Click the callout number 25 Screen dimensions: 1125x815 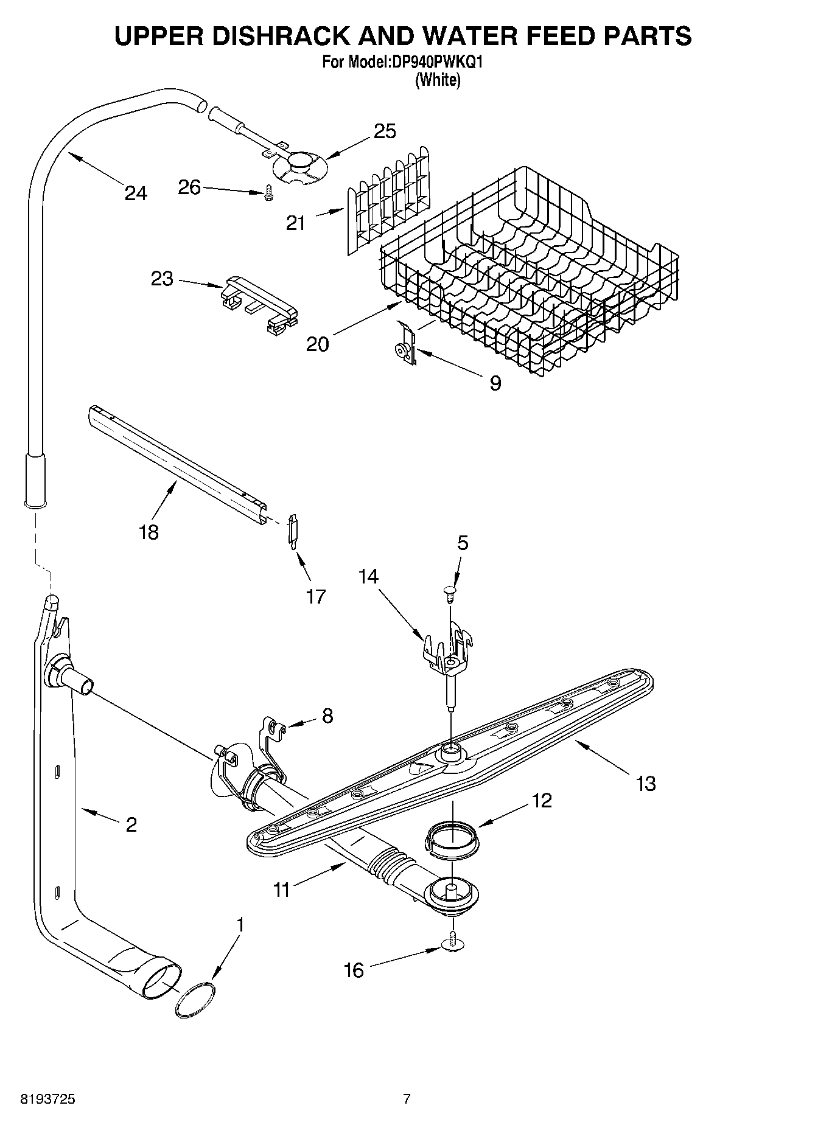(x=385, y=131)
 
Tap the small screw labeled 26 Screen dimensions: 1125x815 (x=268, y=193)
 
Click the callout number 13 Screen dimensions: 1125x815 (x=646, y=783)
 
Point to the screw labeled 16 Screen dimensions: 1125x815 (x=452, y=942)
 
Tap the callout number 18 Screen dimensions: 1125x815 (x=149, y=532)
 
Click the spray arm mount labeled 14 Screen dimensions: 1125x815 (x=449, y=657)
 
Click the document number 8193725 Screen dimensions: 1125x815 (x=48, y=1099)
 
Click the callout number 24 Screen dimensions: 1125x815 (x=135, y=193)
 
